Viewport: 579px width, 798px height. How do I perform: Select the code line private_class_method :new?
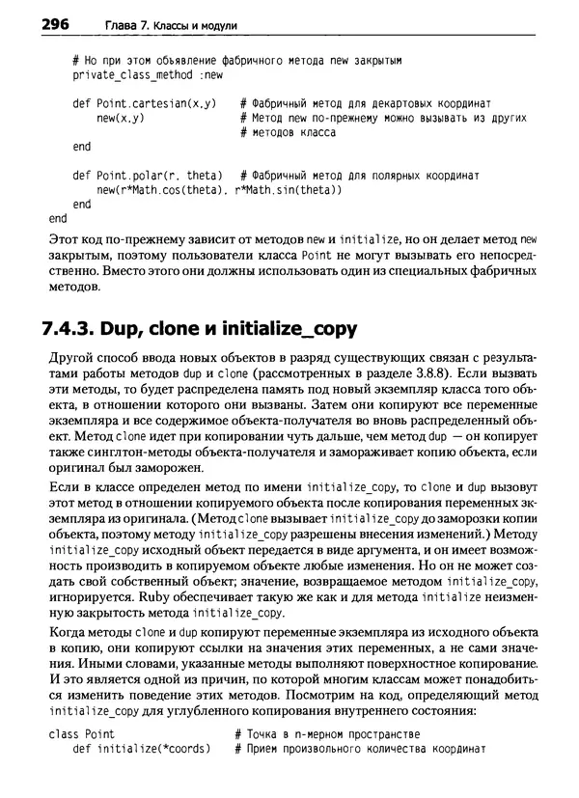point(148,74)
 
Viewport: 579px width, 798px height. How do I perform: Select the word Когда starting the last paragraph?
point(68,633)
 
